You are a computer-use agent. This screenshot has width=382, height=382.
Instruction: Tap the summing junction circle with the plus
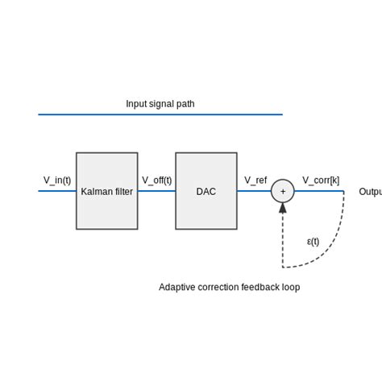click(x=283, y=191)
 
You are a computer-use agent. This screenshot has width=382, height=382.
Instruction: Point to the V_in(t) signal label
click(x=57, y=181)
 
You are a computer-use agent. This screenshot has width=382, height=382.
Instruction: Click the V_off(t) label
click(x=157, y=181)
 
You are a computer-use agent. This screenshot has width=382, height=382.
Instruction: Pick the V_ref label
click(x=255, y=181)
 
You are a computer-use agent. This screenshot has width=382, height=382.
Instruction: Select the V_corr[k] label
click(x=321, y=181)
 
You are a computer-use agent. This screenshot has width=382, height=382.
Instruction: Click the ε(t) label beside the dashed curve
click(x=313, y=241)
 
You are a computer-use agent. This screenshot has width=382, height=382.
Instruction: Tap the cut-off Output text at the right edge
click(x=370, y=192)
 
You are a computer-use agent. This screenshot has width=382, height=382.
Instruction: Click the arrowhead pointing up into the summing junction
click(x=283, y=208)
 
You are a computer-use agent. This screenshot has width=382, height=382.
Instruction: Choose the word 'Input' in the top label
click(x=136, y=104)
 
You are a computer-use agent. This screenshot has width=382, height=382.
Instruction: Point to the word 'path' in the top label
click(x=185, y=104)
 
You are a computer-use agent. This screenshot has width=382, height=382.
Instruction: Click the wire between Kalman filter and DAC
click(x=156, y=191)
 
